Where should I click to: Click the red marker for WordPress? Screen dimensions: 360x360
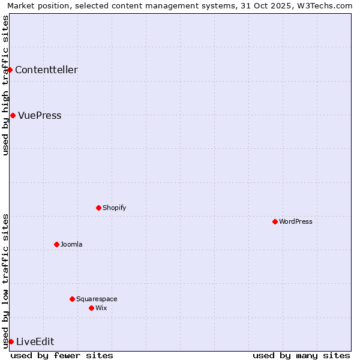(275, 221)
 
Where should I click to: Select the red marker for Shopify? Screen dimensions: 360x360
(98, 208)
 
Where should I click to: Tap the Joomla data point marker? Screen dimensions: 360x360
(56, 244)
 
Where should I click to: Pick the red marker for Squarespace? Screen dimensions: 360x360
(72, 299)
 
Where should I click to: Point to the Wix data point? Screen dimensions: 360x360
(91, 308)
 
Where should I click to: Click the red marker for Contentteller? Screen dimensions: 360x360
(10, 70)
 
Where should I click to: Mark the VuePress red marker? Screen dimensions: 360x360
(13, 115)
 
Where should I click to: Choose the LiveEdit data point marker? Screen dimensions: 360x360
(11, 341)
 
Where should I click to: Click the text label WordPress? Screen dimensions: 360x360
(296, 221)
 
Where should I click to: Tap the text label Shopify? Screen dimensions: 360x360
(114, 208)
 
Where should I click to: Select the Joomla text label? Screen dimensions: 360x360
(71, 244)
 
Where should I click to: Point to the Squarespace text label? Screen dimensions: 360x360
(97, 299)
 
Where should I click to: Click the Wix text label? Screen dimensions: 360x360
(101, 308)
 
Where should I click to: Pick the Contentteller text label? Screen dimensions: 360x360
(46, 70)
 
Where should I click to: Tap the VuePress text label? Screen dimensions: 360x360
(40, 115)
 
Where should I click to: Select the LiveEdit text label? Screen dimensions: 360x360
(35, 341)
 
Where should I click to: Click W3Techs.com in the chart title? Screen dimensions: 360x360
(328, 5)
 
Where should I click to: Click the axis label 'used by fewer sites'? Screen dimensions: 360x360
(62, 355)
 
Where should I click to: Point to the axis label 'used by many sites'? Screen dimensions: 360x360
(301, 355)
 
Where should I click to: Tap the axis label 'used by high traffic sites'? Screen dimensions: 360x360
(5, 85)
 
